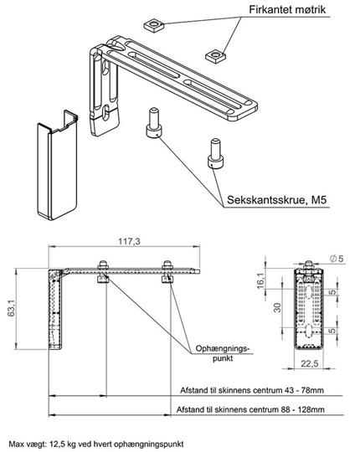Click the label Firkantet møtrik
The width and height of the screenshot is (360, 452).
coord(287,10)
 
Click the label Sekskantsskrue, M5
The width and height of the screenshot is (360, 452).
coord(277,200)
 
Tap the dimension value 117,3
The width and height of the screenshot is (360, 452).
coord(129,241)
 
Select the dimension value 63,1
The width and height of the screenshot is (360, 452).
coord(11,308)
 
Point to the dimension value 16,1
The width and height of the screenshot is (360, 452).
coord(260,280)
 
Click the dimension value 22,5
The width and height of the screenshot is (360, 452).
coord(310,363)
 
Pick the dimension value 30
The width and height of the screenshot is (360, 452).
coord(277,307)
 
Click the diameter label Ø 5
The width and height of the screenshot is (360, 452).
coord(337,259)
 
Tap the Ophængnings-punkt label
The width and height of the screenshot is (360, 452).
coord(222,353)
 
